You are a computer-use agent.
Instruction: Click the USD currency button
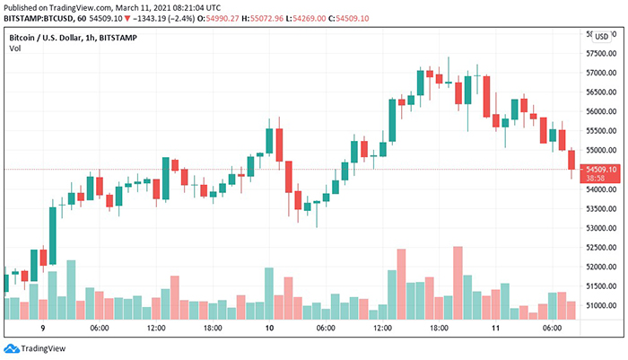tap(600, 35)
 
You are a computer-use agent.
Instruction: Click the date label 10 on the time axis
tap(269, 329)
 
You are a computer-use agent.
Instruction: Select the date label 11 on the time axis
tap(494, 329)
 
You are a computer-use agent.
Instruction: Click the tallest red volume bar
tap(458, 282)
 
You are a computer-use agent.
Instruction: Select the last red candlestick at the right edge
tap(571, 162)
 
